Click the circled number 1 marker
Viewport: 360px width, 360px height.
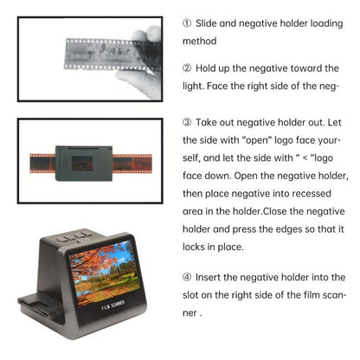click(189, 21)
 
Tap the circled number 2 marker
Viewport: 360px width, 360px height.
click(189, 68)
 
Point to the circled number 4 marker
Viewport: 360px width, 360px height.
click(189, 277)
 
